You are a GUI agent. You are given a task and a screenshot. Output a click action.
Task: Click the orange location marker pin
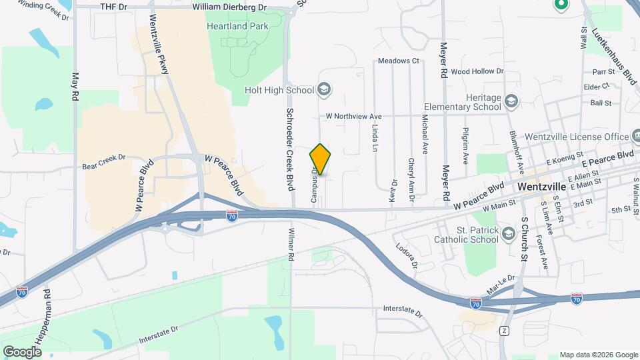[320, 159]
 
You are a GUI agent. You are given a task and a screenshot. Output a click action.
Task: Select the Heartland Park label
[237, 26]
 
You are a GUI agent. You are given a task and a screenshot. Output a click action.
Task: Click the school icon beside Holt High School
[323, 89]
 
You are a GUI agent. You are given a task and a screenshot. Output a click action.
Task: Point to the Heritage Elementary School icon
[511, 101]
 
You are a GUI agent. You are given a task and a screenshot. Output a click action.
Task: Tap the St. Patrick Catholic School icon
[509, 233]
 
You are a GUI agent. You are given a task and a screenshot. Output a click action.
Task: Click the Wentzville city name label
[541, 187]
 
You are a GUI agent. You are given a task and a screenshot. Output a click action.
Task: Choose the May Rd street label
[75, 87]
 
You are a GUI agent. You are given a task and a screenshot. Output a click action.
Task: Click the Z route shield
[504, 331]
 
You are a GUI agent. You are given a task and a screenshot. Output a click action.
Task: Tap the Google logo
[22, 351]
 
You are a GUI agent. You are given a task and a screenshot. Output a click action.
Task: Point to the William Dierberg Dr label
[229, 7]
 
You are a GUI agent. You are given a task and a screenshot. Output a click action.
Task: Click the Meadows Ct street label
[397, 61]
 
